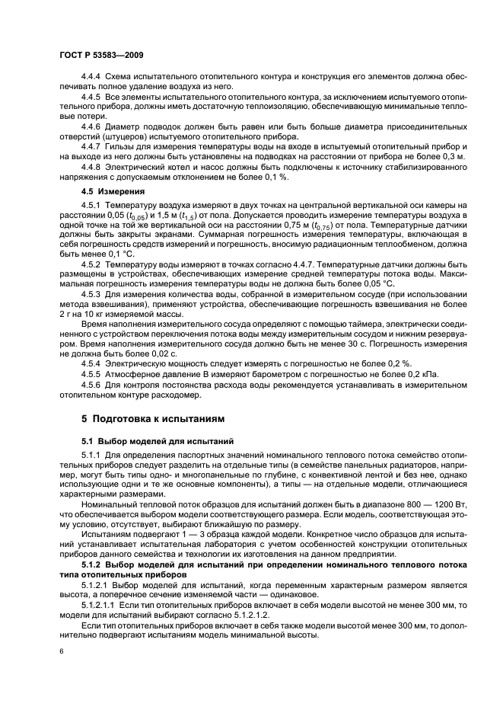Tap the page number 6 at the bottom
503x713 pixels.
tap(61, 652)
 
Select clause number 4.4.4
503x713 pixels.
tap(93, 79)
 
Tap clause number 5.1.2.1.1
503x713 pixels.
tap(98, 604)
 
